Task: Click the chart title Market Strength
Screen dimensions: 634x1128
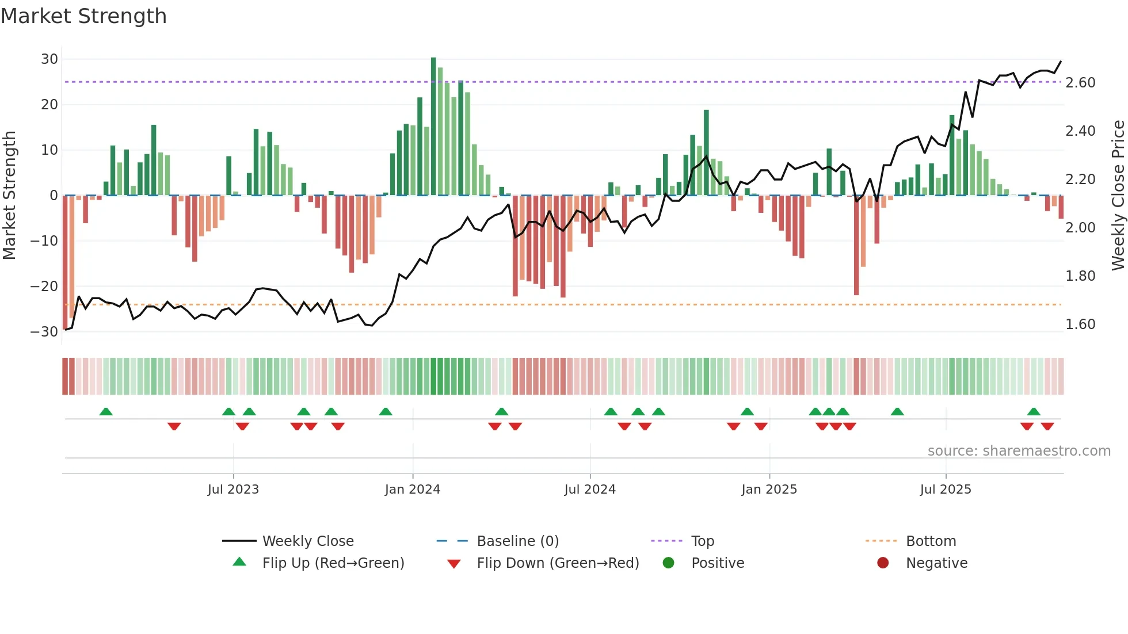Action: tap(83, 16)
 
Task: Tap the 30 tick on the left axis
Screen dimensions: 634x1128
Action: tap(49, 59)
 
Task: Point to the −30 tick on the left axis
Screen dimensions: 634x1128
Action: tap(44, 332)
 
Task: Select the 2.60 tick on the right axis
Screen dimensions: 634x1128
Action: tap(1080, 83)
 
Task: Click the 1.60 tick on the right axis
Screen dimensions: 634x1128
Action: tap(1080, 324)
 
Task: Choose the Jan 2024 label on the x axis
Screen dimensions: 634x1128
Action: tap(412, 490)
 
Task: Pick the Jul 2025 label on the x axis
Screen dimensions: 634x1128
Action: tap(945, 490)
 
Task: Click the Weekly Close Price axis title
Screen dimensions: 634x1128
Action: tap(1118, 196)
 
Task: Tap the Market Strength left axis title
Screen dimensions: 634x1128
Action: tap(10, 196)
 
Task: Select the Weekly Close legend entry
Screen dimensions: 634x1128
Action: tap(307, 541)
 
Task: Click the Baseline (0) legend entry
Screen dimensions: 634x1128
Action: tap(517, 541)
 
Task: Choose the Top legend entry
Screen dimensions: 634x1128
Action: tap(702, 541)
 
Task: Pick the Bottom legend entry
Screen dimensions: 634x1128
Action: tap(931, 541)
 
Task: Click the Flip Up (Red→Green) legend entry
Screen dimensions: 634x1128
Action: tap(333, 563)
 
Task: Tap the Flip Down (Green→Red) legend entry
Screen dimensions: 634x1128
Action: tap(557, 563)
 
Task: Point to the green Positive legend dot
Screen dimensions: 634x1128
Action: tap(668, 563)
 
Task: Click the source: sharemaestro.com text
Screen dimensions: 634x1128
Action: tap(1019, 451)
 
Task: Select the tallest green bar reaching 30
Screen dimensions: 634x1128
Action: tap(433, 127)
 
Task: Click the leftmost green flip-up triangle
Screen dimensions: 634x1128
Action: tap(106, 412)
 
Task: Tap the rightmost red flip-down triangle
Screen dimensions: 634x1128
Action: tap(1047, 426)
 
